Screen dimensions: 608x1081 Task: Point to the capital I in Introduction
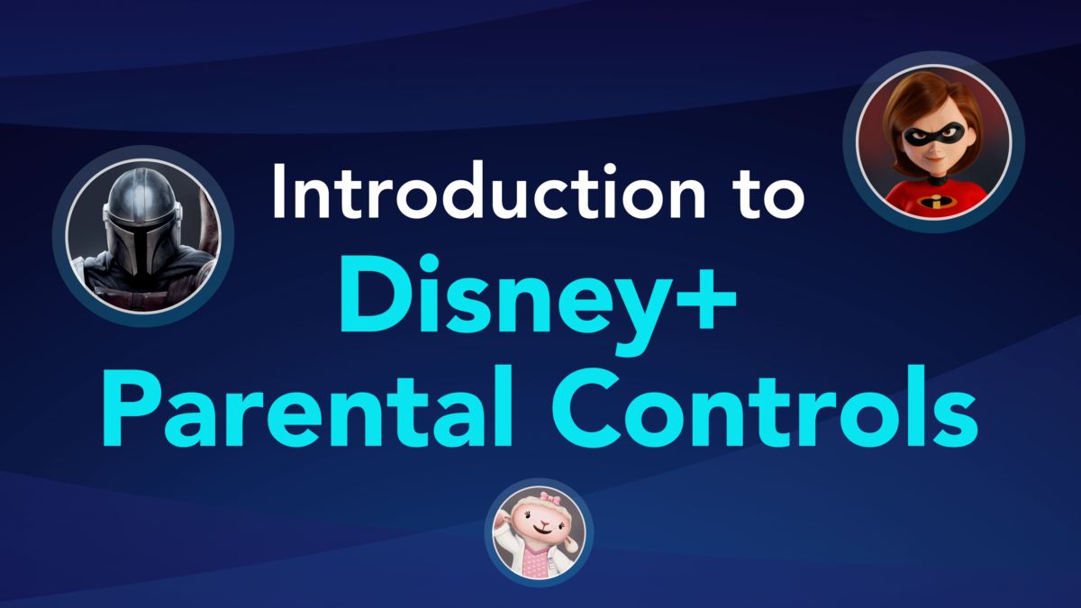tap(280, 192)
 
